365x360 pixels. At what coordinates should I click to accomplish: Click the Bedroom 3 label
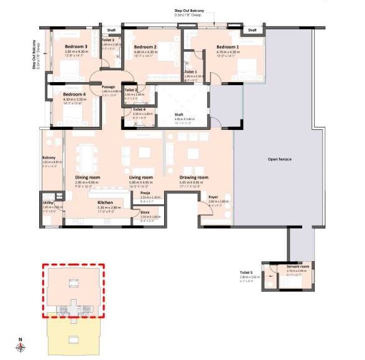point(76,46)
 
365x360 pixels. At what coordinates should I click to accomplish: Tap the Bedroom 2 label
point(146,47)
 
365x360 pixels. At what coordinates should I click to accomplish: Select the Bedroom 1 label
point(228,47)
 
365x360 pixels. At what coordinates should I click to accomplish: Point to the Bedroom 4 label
point(75,94)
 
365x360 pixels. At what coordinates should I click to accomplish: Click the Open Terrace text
point(279,160)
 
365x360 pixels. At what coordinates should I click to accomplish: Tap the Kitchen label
point(104,203)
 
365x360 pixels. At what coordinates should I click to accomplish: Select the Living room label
point(141,178)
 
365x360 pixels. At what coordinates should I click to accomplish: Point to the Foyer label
point(213,197)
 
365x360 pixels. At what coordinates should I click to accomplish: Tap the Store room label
point(146,213)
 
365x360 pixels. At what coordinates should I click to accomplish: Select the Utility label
point(48,203)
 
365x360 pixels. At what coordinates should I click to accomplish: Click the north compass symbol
point(21,346)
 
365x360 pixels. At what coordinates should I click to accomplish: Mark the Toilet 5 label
point(246,272)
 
